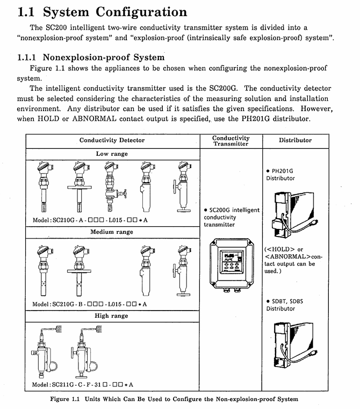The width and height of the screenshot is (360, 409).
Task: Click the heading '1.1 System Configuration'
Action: click(x=102, y=12)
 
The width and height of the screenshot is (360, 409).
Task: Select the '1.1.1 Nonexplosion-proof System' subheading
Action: click(x=91, y=56)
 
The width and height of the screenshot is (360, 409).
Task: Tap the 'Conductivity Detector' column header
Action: click(x=112, y=140)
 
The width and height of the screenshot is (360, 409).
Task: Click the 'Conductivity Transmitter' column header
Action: click(x=231, y=141)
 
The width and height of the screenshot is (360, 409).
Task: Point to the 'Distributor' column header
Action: click(x=295, y=140)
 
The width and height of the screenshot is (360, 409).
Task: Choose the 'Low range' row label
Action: click(x=112, y=154)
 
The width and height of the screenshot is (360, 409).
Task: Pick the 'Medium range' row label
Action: click(x=112, y=232)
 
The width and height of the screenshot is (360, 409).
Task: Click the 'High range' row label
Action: click(x=112, y=316)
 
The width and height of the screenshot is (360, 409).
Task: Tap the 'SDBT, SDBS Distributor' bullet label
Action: click(x=285, y=305)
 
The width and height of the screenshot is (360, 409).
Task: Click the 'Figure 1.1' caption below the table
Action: click(x=174, y=399)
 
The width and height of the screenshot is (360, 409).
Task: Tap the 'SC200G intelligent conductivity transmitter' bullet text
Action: click(x=232, y=217)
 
